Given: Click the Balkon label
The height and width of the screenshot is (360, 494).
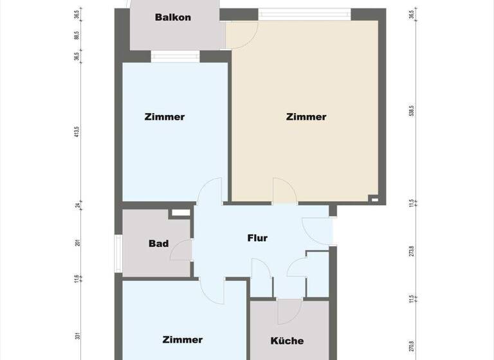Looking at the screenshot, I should (x=173, y=17).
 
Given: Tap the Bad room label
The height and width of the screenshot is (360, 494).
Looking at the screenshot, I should (x=158, y=244).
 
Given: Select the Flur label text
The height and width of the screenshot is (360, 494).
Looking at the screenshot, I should (x=257, y=238).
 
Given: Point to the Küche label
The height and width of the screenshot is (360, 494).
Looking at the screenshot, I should (x=287, y=341).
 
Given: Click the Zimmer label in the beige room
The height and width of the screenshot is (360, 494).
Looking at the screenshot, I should (x=306, y=117).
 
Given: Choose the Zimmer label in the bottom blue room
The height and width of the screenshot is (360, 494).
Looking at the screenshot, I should (x=183, y=339).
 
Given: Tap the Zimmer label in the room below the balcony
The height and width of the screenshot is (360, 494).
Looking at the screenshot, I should (x=165, y=117).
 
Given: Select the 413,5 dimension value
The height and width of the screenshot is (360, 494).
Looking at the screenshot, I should (x=77, y=132).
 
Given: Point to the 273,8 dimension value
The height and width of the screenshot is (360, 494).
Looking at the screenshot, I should (x=411, y=251).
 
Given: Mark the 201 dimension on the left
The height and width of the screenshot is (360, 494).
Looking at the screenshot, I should (x=77, y=242).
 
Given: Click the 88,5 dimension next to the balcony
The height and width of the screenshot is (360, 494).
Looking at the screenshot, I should (x=77, y=36).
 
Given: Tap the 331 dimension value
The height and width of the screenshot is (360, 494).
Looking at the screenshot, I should (x=77, y=336).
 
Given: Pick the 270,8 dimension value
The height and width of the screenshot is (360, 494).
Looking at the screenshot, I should (x=411, y=347).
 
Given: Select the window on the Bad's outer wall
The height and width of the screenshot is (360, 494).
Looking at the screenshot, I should (x=118, y=251).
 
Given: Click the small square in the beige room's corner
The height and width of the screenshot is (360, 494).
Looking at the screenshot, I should (x=374, y=199).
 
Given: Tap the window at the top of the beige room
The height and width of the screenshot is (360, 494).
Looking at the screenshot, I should (x=306, y=12).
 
